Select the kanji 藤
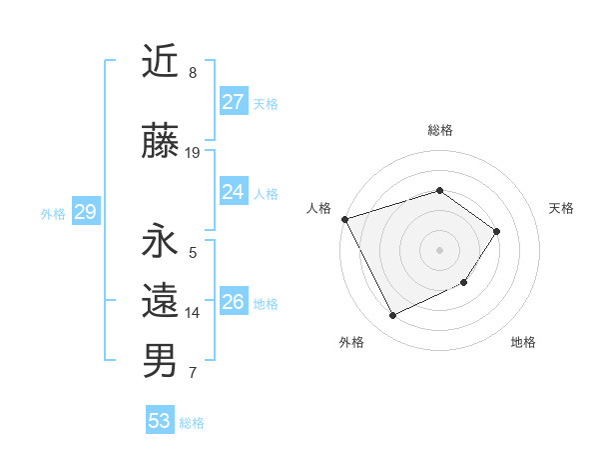160,140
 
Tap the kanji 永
160,241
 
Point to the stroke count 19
193,153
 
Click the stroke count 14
193,313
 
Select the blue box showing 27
233,102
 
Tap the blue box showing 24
233,192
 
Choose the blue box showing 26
233,302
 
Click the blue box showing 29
85,212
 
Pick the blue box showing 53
159,421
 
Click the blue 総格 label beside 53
192,423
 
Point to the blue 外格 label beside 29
53,214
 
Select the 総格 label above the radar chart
439,130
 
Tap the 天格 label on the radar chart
561,208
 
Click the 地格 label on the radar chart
523,342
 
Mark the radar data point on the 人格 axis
344,219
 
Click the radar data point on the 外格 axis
392,316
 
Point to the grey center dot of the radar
439,250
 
